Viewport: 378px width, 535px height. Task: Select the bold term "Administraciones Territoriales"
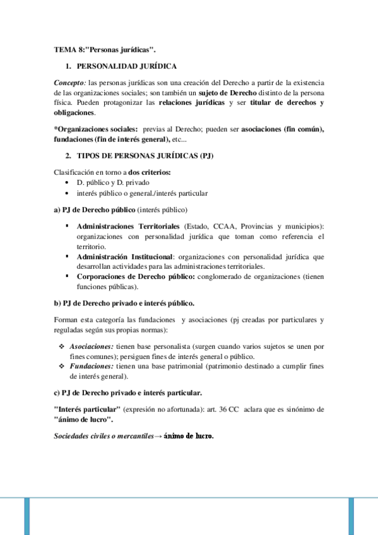[x=128, y=226]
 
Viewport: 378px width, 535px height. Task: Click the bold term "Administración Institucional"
[x=124, y=257]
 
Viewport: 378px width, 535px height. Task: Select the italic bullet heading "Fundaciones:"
[x=92, y=367]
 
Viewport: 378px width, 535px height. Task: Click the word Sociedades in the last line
[x=73, y=435]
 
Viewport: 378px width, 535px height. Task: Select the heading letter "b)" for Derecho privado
[x=57, y=303]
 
